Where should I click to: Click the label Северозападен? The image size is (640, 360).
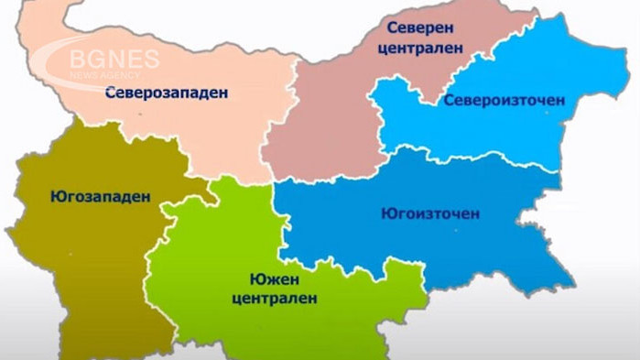[x=166, y=92]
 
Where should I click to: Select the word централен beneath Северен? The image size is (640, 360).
[x=419, y=49]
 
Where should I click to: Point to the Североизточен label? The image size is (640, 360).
[x=504, y=99]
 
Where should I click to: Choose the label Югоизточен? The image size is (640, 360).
[x=429, y=214]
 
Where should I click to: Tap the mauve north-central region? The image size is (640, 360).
[x=320, y=119]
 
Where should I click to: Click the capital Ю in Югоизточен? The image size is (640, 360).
[x=386, y=214]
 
